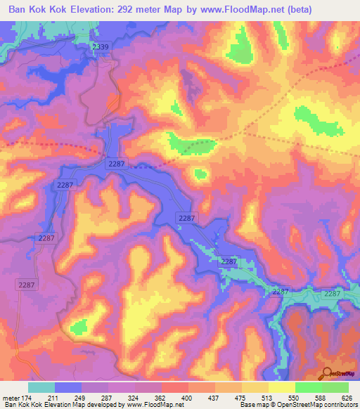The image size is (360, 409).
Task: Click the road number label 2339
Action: tap(101, 46)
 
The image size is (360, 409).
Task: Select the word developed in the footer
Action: tap(106, 404)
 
